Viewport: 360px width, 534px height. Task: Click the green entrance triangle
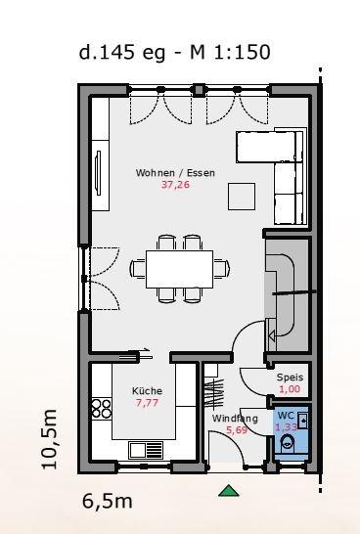tap(229, 491)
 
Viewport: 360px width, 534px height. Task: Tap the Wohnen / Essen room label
tap(175, 173)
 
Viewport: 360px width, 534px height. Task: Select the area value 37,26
tap(175, 185)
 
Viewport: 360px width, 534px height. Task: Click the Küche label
tap(147, 390)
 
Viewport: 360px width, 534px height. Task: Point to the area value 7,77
tap(147, 403)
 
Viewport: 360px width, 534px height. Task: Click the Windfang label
tap(235, 419)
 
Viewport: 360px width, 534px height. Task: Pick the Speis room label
tap(290, 378)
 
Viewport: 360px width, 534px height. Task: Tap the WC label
tap(286, 416)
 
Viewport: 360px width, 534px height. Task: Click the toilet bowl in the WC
tap(288, 444)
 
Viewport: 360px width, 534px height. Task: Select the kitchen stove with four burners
tap(102, 409)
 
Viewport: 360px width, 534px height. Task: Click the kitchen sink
tap(146, 450)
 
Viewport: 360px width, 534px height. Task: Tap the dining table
tap(179, 269)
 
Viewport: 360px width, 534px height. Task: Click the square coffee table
tap(242, 197)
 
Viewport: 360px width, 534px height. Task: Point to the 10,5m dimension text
tap(49, 439)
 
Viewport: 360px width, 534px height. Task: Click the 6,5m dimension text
tap(108, 502)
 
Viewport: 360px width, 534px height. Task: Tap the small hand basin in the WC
tap(303, 422)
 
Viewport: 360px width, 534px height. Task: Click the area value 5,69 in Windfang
tap(237, 430)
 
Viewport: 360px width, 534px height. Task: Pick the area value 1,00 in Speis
tap(290, 389)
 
